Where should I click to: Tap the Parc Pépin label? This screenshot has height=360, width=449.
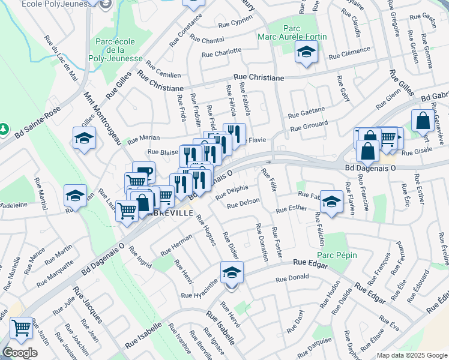pyautogui.click(x=337, y=255)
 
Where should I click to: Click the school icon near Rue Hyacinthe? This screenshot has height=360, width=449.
pyautogui.click(x=230, y=273)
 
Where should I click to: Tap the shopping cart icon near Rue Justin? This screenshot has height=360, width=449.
pyautogui.click(x=22, y=328)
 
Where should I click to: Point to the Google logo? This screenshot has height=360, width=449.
pyautogui.click(x=20, y=353)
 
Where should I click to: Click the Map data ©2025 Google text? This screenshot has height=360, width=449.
pyautogui.click(x=412, y=355)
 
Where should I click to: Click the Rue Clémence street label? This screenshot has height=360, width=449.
pyautogui.click(x=349, y=53)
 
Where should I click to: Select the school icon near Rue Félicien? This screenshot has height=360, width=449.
pyautogui.click(x=331, y=202)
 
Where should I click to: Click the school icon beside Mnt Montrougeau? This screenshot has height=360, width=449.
pyautogui.click(x=85, y=139)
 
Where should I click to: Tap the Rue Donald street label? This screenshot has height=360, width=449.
pyautogui.click(x=292, y=278)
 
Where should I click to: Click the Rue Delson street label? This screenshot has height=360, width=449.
pyautogui.click(x=242, y=203)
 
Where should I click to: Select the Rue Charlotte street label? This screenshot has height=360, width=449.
pyautogui.click(x=221, y=52)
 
